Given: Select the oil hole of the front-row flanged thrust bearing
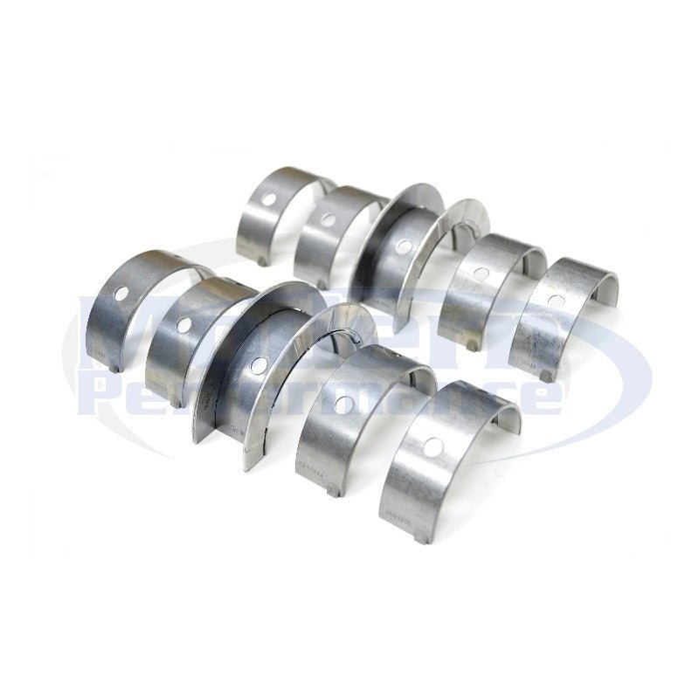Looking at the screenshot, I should (259, 363).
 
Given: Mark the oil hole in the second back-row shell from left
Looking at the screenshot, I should (326, 222).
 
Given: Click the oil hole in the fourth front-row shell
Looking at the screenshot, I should (347, 405).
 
